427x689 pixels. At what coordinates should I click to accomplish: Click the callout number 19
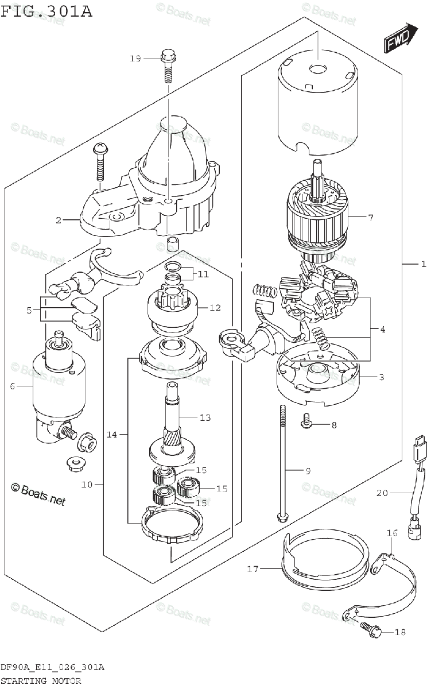click(135, 59)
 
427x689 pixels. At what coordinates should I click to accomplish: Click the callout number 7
click(371, 218)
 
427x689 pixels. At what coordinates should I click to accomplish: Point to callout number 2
click(59, 219)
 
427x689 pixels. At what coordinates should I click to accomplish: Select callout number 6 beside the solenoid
click(12, 386)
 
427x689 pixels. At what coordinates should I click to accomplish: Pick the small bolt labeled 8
click(305, 425)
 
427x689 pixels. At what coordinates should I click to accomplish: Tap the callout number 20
click(382, 493)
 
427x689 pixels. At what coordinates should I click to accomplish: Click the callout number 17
click(254, 569)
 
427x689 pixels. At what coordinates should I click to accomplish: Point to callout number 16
click(391, 533)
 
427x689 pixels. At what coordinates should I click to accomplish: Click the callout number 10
click(87, 485)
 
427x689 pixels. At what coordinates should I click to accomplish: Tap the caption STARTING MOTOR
click(41, 681)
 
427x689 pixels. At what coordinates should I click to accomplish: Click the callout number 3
click(381, 377)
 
